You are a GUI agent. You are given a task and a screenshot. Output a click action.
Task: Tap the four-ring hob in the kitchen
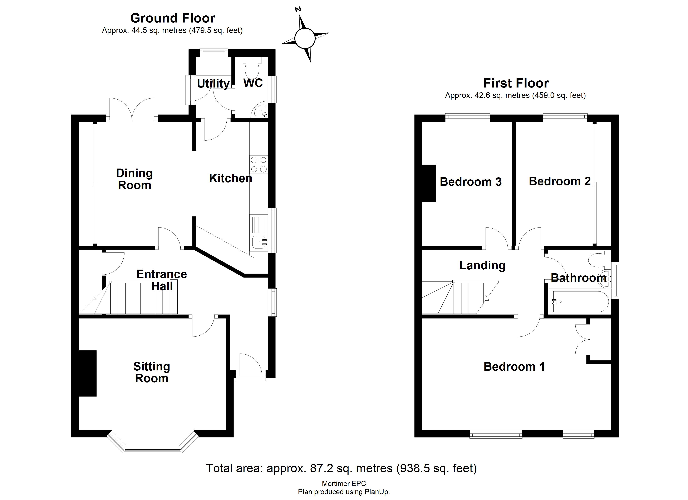(259, 164)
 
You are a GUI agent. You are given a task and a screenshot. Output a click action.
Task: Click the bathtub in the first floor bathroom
(579, 302)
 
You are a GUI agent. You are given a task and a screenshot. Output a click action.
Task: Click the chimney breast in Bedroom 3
(429, 183)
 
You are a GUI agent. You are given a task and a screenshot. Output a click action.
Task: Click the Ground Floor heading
(173, 18)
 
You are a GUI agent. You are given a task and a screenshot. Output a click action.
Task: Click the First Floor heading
(516, 83)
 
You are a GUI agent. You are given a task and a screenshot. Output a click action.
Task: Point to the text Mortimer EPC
(344, 484)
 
